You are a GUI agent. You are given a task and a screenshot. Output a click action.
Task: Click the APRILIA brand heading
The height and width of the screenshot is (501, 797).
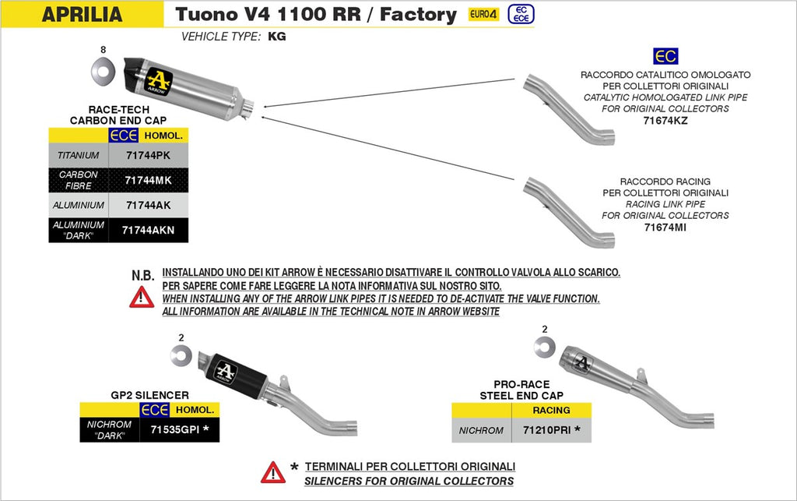82,14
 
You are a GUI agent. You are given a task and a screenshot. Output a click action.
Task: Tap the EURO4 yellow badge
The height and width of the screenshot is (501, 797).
483,14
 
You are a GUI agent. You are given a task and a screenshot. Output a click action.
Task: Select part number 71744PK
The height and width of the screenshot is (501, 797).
147,155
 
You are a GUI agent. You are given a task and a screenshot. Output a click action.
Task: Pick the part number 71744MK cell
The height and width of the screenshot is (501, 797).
147,180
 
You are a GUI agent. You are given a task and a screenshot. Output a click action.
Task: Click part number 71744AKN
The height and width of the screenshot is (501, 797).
147,230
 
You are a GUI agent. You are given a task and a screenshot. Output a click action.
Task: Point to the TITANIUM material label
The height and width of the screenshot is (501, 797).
78,155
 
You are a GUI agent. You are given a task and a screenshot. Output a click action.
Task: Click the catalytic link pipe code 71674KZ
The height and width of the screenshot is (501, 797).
665,120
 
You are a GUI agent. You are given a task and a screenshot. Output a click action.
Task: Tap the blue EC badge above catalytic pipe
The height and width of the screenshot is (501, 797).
665,56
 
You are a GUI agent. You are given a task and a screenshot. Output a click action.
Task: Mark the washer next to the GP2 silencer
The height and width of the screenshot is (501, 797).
181,356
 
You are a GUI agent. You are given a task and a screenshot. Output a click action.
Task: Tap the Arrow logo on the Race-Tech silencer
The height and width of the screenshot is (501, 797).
160,81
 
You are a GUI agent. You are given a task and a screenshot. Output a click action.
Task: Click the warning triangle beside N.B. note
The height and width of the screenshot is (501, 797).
141,297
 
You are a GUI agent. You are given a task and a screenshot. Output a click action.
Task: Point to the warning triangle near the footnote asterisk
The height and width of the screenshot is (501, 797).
272,471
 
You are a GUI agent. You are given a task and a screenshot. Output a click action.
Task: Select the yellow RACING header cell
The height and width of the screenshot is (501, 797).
551,410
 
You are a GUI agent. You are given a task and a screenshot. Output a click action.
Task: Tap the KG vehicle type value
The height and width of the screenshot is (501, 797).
276,36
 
